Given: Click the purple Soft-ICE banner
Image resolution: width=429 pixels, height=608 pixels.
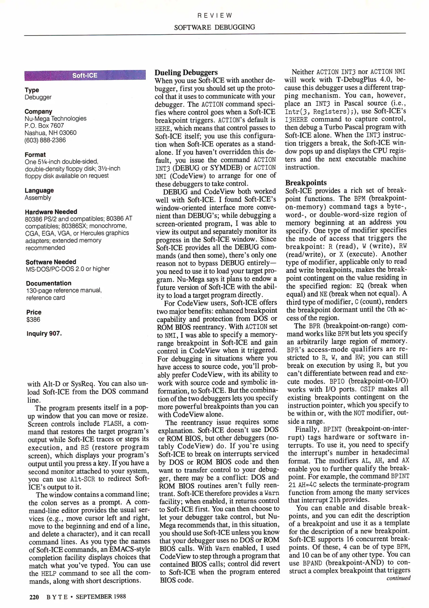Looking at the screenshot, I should [85, 75].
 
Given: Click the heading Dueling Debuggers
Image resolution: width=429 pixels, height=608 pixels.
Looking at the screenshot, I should [186, 72].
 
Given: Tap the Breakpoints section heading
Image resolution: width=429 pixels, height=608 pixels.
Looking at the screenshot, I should [306, 182].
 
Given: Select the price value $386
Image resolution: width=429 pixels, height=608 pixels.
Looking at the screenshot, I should [33, 319].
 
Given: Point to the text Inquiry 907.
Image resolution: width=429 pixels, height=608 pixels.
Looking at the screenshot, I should [44, 334].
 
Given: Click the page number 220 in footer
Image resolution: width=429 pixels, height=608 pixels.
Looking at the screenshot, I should [34, 596].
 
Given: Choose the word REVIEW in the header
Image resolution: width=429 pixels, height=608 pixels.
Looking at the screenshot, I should [214, 15].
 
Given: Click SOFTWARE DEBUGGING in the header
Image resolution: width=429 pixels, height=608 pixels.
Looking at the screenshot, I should [214, 27].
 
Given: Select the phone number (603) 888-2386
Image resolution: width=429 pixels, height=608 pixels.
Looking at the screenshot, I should [45, 140].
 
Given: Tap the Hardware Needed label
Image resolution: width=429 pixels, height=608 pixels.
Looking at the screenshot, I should [51, 212].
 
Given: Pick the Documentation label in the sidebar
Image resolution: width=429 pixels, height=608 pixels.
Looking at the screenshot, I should [49, 283].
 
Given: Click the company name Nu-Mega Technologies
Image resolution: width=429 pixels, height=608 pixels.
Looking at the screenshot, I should [55, 119].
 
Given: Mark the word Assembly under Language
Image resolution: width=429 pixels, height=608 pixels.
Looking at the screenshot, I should [38, 198].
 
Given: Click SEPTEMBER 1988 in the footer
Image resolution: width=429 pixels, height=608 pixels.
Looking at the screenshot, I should [101, 596].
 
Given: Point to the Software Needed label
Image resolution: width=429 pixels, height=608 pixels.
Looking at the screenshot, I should [51, 262].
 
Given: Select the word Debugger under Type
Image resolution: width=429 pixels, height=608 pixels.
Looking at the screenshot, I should [38, 97].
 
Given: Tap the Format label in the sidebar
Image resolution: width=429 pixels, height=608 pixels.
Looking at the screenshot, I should [35, 155].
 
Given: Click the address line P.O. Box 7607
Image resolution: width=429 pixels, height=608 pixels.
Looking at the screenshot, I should [44, 126].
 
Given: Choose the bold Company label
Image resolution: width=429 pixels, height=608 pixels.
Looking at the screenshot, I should [38, 111].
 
